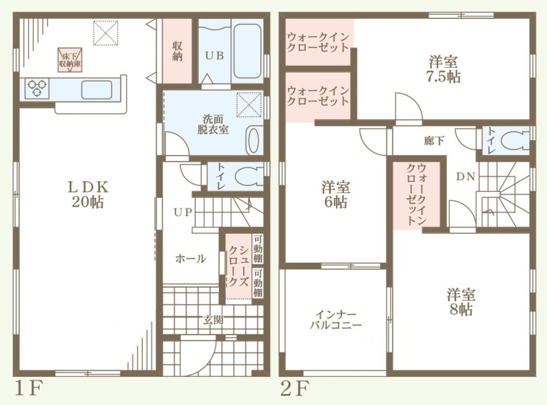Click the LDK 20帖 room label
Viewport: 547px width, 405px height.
coord(88,194)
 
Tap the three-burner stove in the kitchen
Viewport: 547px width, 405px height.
coord(37,88)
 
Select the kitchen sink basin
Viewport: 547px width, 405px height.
coord(97,90)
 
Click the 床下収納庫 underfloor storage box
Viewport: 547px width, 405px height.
coord(70,60)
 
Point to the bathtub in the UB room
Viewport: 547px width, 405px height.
coord(248,51)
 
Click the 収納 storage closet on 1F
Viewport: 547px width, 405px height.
coord(177,51)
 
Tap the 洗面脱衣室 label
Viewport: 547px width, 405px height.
coord(213,124)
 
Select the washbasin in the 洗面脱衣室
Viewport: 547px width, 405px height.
coord(255,140)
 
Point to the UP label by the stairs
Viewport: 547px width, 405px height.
coord(183,212)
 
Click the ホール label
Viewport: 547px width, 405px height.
coord(190,258)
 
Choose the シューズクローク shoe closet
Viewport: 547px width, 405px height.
coord(238,266)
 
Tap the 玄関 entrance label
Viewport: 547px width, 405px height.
coord(213,320)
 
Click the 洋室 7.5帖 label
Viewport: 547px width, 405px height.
coord(443,69)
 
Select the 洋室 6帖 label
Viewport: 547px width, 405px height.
coord(336,195)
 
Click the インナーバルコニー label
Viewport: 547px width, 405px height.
coord(336,320)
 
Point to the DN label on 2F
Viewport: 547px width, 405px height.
coord(466,176)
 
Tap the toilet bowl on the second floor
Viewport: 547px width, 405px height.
coord(515,141)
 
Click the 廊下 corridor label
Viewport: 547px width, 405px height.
coord(434,141)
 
